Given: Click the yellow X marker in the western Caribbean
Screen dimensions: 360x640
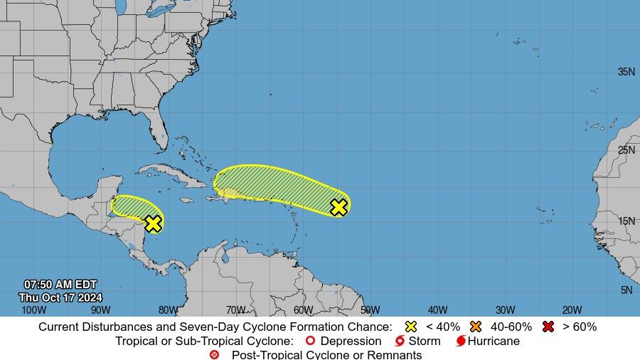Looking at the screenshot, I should click(x=153, y=223).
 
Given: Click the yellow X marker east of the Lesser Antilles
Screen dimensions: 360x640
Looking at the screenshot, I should click(x=339, y=207).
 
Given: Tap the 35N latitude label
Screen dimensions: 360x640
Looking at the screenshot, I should click(x=626, y=72).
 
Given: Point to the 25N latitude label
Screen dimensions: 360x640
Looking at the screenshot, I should click(x=626, y=149).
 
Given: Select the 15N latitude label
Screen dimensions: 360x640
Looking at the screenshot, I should click(x=626, y=221).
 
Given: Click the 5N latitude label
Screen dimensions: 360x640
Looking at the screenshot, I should click(x=626, y=290).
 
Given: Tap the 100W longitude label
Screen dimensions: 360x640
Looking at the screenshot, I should click(x=33, y=309).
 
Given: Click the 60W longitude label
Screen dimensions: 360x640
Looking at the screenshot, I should click(x=303, y=309).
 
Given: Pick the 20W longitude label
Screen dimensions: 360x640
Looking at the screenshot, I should click(x=572, y=309).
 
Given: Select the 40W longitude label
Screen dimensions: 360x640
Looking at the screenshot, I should click(x=438, y=309).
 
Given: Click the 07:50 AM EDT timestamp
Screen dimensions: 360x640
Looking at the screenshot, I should click(x=60, y=285).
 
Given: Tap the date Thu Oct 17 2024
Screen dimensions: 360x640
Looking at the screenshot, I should click(x=60, y=297).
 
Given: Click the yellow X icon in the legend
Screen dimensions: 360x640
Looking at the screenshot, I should click(x=410, y=327).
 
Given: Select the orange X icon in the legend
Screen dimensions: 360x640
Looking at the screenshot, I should click(x=476, y=327).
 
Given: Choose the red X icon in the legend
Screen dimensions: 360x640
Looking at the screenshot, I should click(x=548, y=327).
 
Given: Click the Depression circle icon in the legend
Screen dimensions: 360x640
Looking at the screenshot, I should click(x=309, y=341).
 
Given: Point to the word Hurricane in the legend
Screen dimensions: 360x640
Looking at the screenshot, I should click(x=494, y=341).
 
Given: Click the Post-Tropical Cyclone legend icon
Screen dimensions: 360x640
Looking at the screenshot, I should click(x=215, y=354).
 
